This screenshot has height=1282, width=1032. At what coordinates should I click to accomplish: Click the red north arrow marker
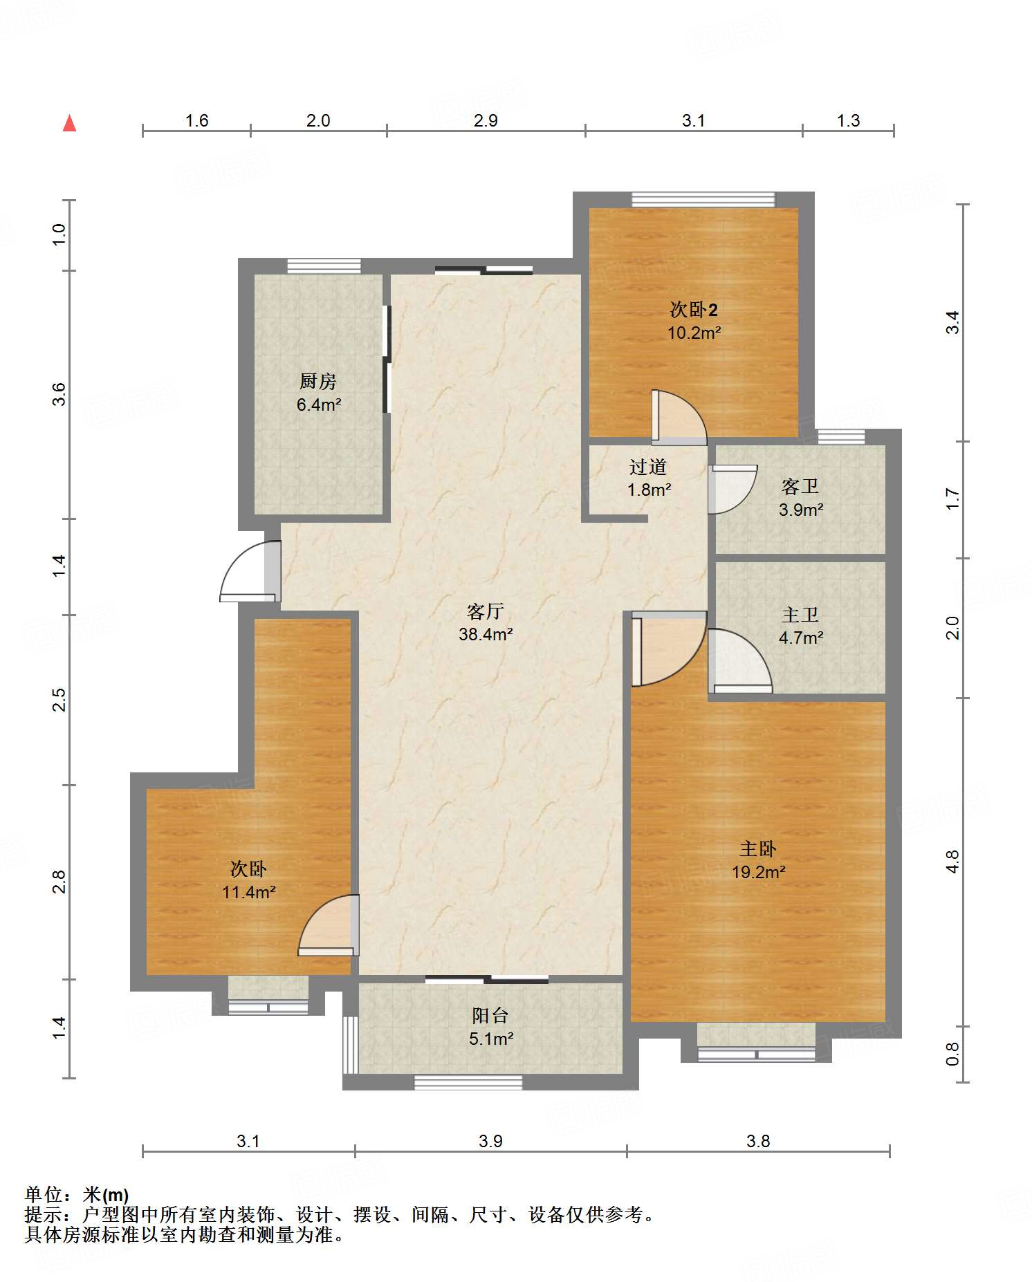[69, 123]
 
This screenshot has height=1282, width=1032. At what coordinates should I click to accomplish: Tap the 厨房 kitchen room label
[318, 381]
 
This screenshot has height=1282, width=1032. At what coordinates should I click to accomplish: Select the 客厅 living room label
[486, 611]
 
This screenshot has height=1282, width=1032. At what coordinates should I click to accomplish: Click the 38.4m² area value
[486, 634]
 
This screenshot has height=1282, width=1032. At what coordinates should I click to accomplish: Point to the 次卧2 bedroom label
[694, 309]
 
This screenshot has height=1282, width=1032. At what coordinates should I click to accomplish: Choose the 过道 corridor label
[648, 467]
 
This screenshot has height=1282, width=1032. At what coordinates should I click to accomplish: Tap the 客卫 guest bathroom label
[800, 486]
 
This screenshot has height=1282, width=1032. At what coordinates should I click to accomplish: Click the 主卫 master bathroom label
[800, 614]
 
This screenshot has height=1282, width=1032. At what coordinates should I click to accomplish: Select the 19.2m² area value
[759, 872]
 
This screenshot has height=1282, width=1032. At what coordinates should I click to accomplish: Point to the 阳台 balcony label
[490, 1015]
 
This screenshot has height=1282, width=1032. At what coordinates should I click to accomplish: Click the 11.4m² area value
[249, 892]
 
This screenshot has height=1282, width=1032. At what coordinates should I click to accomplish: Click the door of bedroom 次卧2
[679, 418]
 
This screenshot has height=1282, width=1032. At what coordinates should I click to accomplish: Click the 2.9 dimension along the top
[486, 120]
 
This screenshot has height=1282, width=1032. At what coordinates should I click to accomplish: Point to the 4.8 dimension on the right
[953, 862]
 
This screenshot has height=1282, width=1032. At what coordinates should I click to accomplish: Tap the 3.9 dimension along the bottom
[490, 1141]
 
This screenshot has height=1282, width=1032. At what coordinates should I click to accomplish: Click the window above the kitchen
[324, 266]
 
